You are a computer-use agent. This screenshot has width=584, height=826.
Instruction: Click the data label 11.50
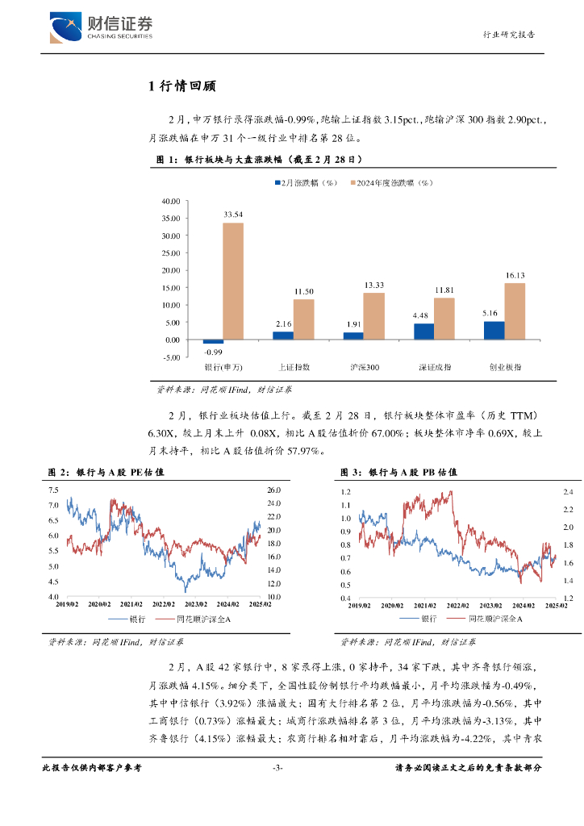point(303,291)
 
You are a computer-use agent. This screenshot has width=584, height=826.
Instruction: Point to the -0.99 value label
point(213,353)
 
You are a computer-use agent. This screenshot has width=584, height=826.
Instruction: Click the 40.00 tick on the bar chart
point(170,201)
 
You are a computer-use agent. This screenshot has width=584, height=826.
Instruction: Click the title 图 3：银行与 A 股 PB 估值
point(392,472)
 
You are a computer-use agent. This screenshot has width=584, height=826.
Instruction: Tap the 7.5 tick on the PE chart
point(53,490)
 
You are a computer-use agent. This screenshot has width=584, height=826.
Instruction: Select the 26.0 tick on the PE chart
point(273,490)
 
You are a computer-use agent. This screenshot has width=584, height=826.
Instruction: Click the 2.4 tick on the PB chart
point(567,492)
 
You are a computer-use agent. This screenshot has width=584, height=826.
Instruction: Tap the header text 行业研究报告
point(508,35)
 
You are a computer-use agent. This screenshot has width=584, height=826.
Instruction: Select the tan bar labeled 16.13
point(515,311)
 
